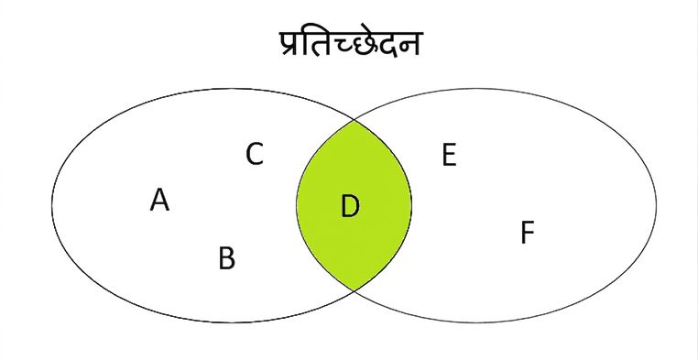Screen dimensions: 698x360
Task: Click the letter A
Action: (x=159, y=200)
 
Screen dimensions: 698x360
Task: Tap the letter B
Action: (x=226, y=258)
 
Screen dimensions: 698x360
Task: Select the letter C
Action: (x=255, y=154)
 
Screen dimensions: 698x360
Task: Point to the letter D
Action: (x=350, y=207)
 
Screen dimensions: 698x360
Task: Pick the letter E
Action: (x=449, y=156)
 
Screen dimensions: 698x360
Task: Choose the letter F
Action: (x=527, y=233)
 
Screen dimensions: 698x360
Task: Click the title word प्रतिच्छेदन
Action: (x=350, y=43)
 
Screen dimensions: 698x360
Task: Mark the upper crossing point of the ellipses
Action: (x=354, y=120)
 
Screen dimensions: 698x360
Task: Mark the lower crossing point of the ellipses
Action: (x=354, y=290)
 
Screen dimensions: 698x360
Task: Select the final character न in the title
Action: (x=409, y=44)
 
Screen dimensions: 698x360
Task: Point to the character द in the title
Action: (x=387, y=45)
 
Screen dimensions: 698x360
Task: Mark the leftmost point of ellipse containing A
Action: (x=52, y=205)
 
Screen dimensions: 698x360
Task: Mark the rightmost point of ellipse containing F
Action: (x=656, y=205)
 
